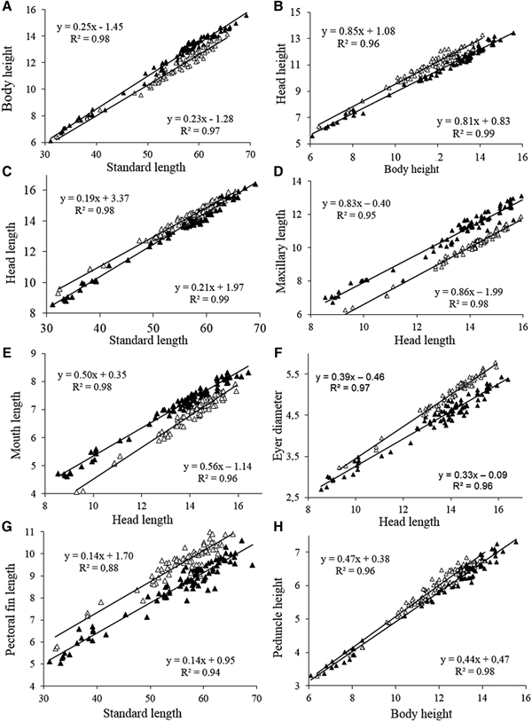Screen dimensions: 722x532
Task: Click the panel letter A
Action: (x=7, y=6)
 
